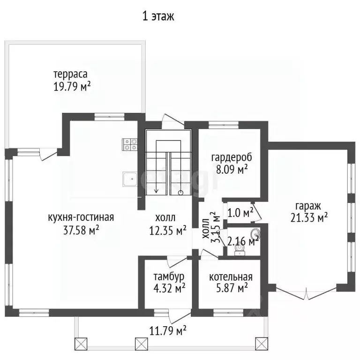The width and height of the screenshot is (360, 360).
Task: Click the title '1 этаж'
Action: click(x=158, y=16)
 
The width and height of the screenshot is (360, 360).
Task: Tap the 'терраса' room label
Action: click(x=70, y=74)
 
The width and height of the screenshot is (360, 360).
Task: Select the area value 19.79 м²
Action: click(x=72, y=86)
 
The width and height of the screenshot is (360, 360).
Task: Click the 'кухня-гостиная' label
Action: click(x=81, y=217)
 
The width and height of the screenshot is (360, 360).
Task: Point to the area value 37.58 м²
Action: click(x=81, y=230)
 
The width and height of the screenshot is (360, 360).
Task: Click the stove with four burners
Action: click(x=130, y=145)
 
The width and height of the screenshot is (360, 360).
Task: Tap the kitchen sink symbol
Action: click(x=130, y=179)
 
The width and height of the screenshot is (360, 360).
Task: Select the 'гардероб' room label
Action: click(x=232, y=157)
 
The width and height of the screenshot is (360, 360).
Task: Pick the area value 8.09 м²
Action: click(x=232, y=169)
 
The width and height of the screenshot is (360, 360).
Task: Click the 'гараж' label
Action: click(x=308, y=206)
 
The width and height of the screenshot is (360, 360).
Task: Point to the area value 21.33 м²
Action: click(x=309, y=217)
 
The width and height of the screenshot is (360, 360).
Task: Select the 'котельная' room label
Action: click(x=231, y=277)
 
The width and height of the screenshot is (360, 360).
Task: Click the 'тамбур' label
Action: click(x=169, y=277)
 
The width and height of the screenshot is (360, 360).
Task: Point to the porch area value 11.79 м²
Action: click(x=168, y=331)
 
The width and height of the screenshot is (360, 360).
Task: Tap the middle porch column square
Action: click(x=141, y=344)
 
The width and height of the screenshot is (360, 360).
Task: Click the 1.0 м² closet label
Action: click(x=240, y=213)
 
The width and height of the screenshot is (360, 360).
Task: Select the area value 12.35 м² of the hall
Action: click(x=168, y=230)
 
